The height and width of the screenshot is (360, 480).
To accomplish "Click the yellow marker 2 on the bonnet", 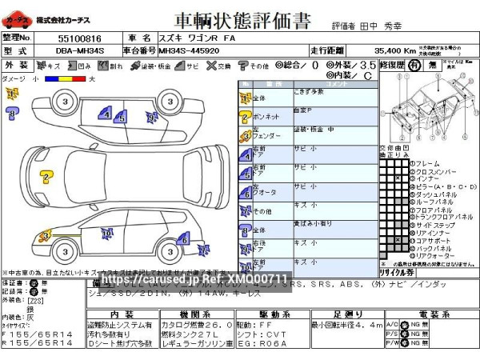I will coord(46,177).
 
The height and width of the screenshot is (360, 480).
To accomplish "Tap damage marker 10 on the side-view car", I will coord(106,234).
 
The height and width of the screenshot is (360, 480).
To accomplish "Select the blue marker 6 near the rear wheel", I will coord(183,238).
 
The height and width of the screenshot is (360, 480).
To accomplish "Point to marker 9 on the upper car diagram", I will coord(151,117).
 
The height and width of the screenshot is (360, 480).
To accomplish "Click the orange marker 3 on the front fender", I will coord(46,236).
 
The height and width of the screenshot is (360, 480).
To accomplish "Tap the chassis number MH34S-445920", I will coord(189,50).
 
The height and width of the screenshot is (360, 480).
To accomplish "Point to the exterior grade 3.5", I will coord(367,65).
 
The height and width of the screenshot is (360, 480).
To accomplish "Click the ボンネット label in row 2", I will coord(267,117).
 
